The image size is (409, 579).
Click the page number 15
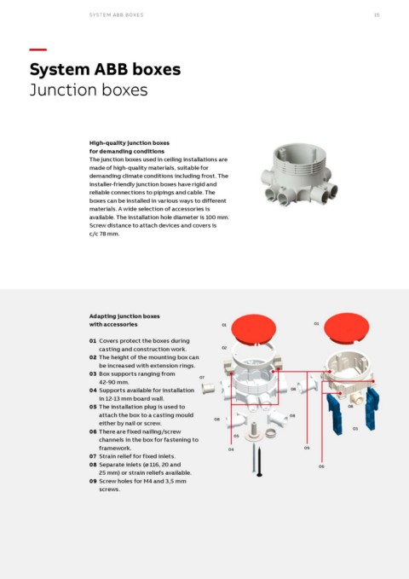377,15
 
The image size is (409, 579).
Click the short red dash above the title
38,49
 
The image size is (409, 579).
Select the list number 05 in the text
93,407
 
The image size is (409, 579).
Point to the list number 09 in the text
93,481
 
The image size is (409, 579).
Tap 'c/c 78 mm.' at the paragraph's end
104,234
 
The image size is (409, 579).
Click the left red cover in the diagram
254,328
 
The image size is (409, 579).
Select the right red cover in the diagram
347,327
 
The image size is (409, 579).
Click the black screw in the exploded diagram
260,461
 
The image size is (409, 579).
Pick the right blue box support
372,408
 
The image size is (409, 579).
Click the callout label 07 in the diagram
202,378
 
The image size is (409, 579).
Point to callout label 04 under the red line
231,449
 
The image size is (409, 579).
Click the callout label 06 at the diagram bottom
321,466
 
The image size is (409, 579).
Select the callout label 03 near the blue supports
355,429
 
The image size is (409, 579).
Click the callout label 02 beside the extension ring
224,348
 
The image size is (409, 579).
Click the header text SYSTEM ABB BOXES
116,15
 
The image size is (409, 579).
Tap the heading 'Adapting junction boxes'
124,316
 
